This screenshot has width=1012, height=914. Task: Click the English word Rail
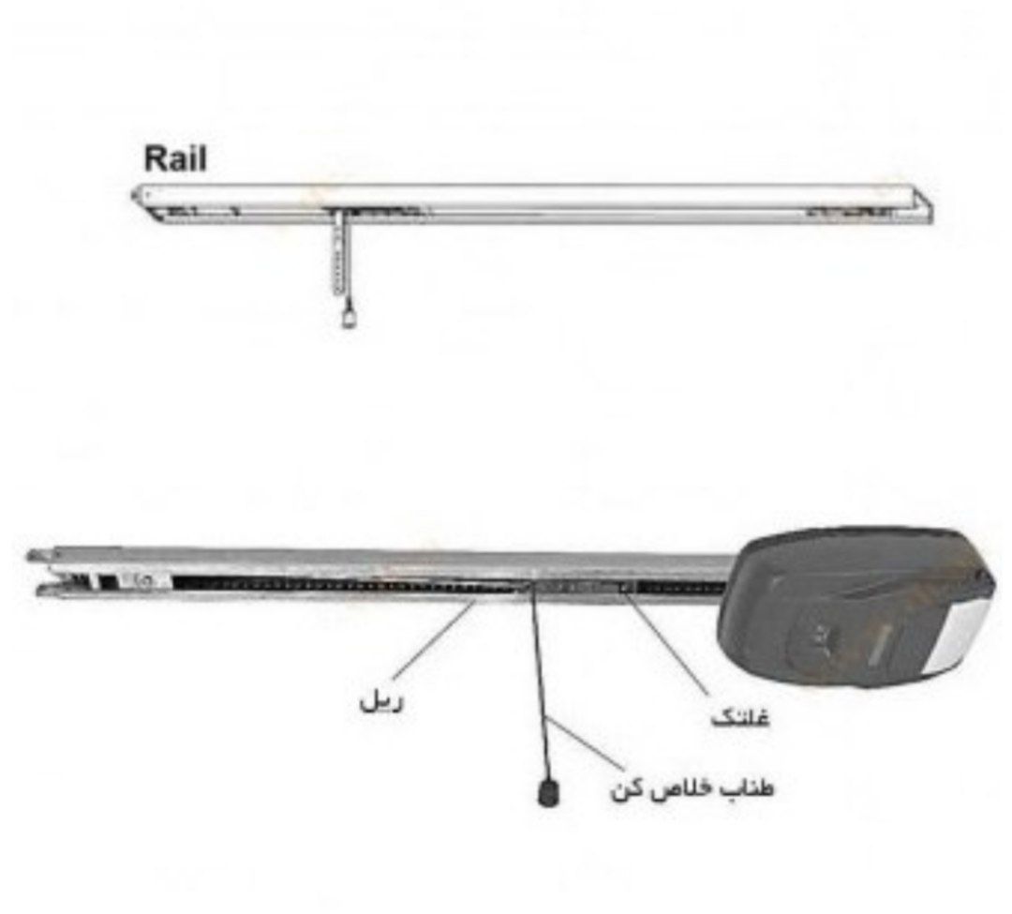(x=175, y=159)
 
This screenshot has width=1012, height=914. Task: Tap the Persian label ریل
(x=380, y=701)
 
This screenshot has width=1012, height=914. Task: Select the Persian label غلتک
(x=740, y=716)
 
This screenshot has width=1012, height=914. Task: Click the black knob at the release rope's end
(x=548, y=792)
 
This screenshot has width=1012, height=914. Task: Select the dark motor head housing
(x=858, y=607)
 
